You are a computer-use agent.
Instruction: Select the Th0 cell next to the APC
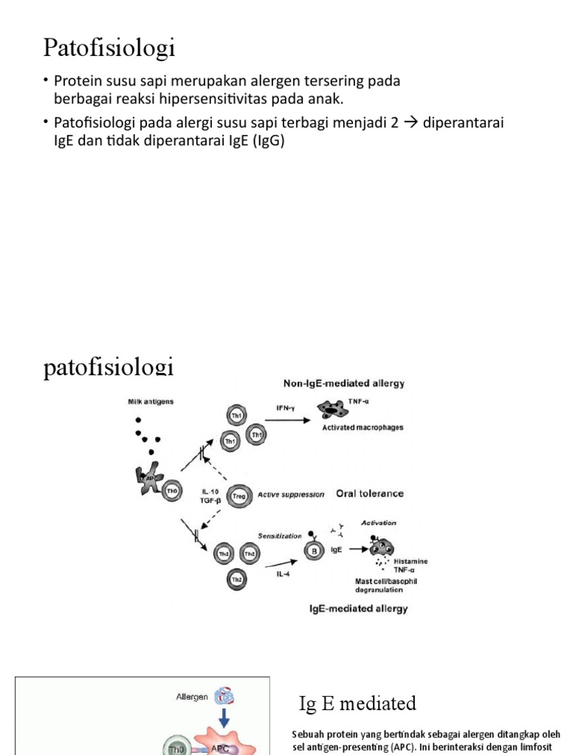coord(171,492)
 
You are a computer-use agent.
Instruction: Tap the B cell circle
coord(315,549)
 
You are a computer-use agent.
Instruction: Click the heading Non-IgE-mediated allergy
coord(344,383)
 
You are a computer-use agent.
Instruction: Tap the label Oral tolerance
coord(370,494)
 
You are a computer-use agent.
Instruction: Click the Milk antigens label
coord(150,402)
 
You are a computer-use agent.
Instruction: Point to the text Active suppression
coord(290,495)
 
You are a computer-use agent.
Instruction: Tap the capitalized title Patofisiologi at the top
coord(109,48)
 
